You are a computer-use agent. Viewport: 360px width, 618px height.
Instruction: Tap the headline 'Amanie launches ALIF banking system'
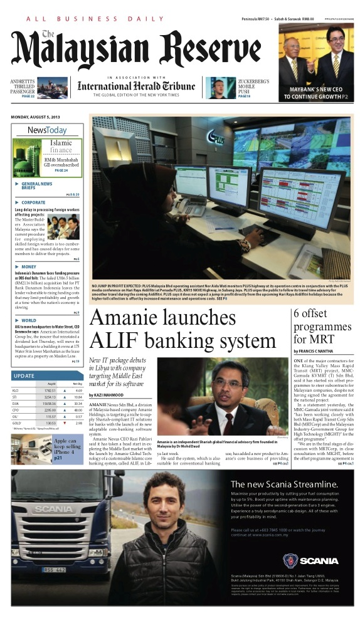[x=182, y=329]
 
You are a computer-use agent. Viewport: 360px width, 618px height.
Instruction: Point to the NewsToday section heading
[x=46, y=130]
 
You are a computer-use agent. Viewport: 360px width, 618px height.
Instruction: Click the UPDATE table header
[x=23, y=375]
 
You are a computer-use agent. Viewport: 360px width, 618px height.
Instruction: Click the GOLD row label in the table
[x=16, y=424]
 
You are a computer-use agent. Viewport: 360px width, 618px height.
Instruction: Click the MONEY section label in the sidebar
[x=28, y=266]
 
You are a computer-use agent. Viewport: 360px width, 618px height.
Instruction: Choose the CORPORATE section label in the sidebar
[x=33, y=202]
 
